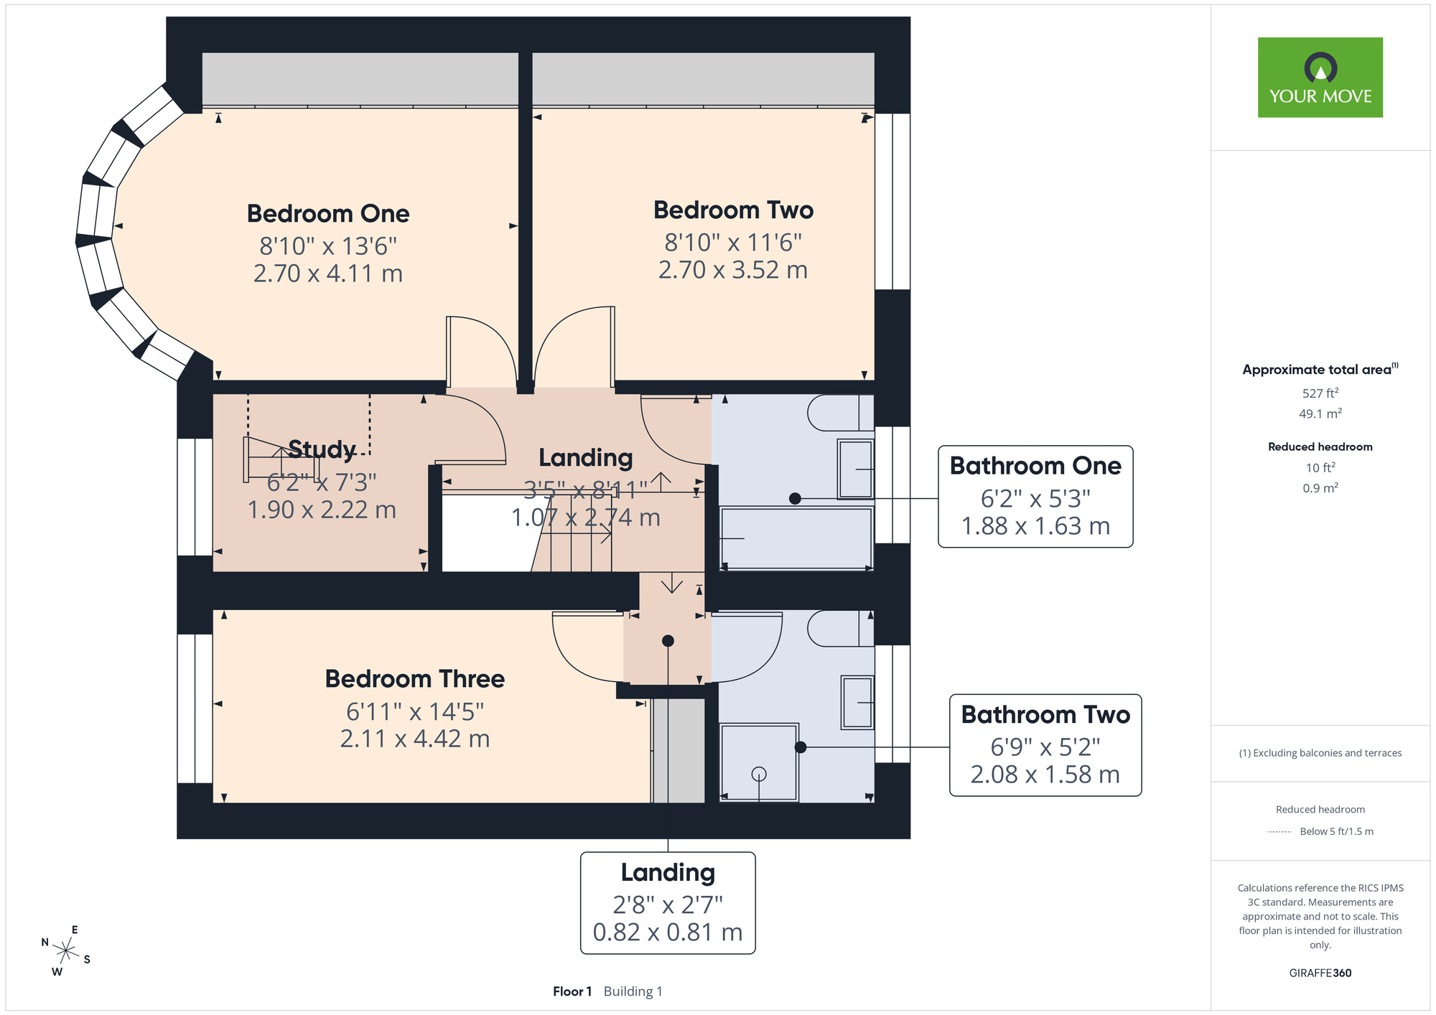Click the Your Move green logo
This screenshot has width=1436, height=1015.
click(1320, 78)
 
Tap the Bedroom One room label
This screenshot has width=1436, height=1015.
click(328, 213)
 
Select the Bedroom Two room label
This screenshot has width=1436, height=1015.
click(733, 210)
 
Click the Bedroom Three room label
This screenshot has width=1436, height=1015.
click(414, 678)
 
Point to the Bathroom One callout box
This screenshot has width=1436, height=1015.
click(1035, 497)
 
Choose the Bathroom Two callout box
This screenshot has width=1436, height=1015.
click(1045, 745)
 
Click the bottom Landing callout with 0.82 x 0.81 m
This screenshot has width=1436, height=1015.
click(668, 903)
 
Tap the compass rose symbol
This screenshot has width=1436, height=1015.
click(66, 952)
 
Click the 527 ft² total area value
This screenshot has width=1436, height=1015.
click(1320, 393)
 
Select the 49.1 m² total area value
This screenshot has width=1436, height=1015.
click(1320, 413)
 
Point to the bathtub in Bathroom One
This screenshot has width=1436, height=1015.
click(796, 538)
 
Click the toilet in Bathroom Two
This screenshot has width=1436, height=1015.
click(840, 629)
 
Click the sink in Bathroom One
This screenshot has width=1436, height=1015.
click(856, 469)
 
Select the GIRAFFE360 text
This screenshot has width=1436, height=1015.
click(1320, 973)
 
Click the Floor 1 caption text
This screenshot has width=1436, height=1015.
click(572, 991)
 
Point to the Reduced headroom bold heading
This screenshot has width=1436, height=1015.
click(1320, 446)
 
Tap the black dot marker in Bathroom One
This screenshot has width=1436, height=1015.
click(795, 498)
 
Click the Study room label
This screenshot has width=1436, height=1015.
click(322, 449)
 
